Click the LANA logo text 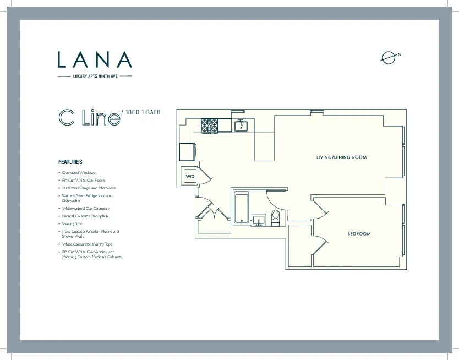point(95,59)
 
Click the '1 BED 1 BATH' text point(143,113)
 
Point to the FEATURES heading point(70,162)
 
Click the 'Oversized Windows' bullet point(78,172)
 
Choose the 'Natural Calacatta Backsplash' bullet point(88,216)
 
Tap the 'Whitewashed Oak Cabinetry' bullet point(86,209)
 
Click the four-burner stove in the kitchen point(210,126)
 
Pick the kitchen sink point(241,126)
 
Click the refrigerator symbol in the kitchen point(187,151)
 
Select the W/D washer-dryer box point(190,176)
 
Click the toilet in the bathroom point(276,217)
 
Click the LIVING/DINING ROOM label point(341,157)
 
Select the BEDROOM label point(359,234)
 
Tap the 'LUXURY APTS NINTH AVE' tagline point(95,76)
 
